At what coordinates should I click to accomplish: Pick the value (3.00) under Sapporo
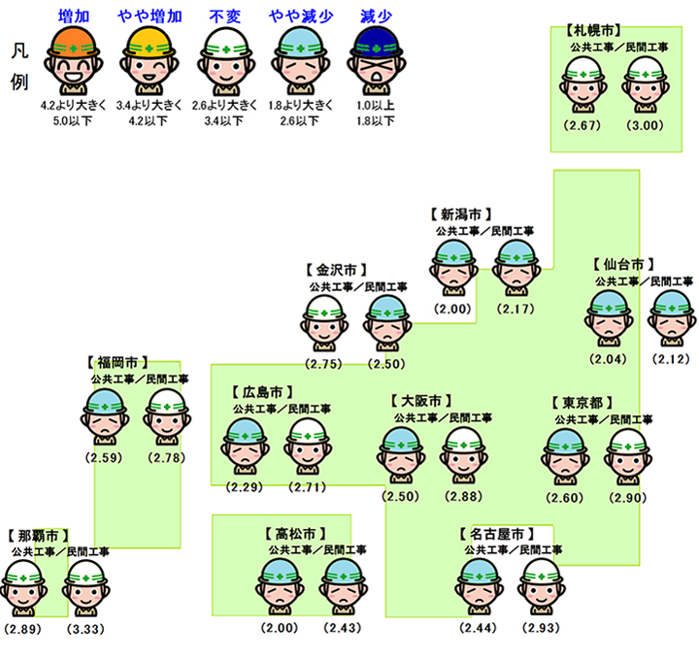(x=646, y=126)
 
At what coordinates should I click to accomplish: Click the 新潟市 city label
(x=460, y=214)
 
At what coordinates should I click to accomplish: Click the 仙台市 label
(x=621, y=264)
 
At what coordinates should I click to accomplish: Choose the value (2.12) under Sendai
(x=672, y=359)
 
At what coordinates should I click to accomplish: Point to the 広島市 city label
(x=257, y=392)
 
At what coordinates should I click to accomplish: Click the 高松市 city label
(x=294, y=533)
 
